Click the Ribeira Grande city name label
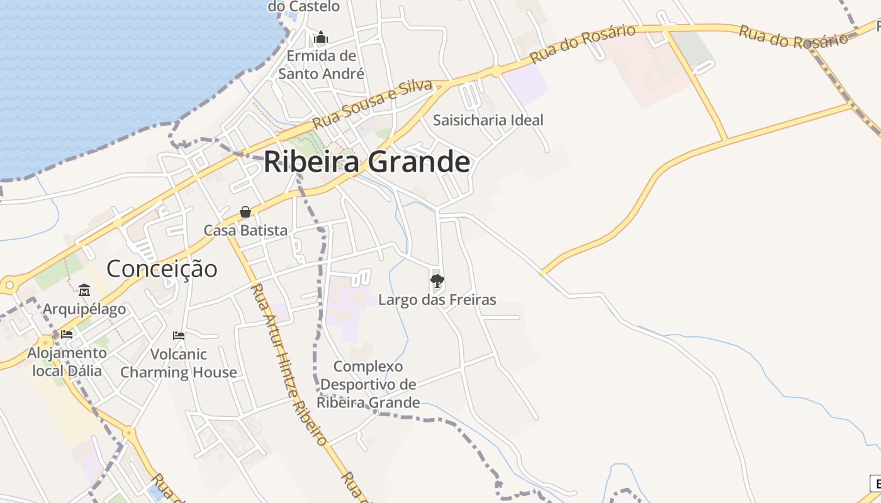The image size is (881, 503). pos(366,162)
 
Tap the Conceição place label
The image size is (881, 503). pos(162,269)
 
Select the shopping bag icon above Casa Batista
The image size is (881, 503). pos(245,212)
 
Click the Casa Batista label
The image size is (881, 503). pos(245,231)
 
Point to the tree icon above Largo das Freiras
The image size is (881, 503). pos(437,280)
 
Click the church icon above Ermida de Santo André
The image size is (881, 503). pos(321,37)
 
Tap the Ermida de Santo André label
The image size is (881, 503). pos(321,65)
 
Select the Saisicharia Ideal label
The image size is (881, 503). pos(488,120)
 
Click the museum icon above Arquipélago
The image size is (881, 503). pos(84,290)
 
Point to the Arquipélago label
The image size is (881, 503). pos(84,309)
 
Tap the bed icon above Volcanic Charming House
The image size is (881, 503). pos(179,335)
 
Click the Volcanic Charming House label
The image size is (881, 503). pos(179,363)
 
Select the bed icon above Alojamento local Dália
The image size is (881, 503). pos(67,334)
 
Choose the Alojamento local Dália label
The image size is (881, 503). pos(67,362)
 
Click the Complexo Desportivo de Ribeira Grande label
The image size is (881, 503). pos(368,384)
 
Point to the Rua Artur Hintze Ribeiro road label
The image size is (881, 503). pos(289,365)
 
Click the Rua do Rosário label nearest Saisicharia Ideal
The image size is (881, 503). pos(582,43)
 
